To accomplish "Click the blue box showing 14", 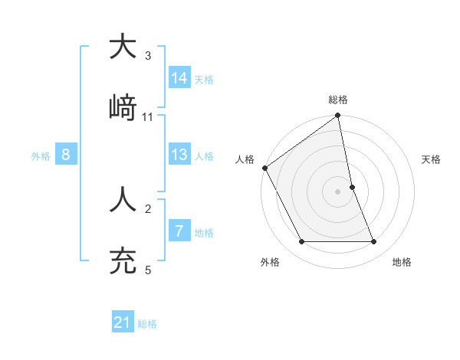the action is pos(180,77).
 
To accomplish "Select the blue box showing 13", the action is pos(180,155).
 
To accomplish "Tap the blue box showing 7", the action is pos(179,231).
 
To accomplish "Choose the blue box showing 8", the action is pos(66,155).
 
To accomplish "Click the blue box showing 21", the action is pos(123,322).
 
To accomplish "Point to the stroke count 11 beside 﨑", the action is pos(148,117).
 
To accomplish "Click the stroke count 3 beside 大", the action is pos(148,56).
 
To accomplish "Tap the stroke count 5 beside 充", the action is pos(148,270).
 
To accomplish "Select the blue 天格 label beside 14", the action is pos(204,79).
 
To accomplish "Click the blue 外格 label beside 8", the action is pos(41,156).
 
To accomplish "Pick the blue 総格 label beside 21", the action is pos(147,324).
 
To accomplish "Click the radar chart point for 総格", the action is pos(338,116).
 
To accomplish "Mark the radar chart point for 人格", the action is pos(265,168).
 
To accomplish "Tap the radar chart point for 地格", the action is pos(374,242).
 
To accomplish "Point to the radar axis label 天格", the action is pos(432,159).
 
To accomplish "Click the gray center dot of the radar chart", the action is pos(338,191).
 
